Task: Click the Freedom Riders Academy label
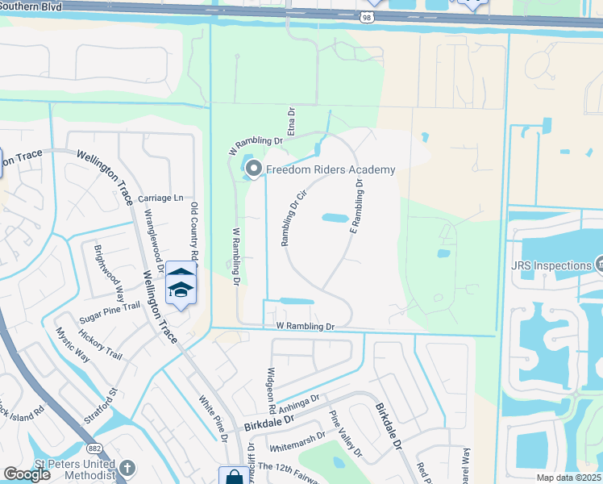tap(331, 169)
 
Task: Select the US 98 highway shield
tap(367, 16)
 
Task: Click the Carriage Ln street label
tap(160, 198)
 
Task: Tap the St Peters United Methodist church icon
tap(127, 468)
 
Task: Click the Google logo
tap(27, 474)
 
